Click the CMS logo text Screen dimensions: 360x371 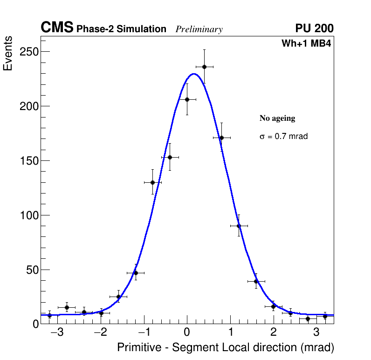[57, 28]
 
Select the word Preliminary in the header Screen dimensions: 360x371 [199, 29]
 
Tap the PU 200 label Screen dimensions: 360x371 [314, 28]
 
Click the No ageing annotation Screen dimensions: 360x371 [277, 118]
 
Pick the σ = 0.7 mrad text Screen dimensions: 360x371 [283, 137]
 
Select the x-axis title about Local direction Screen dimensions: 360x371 [226, 347]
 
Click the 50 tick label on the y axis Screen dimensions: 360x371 [30, 270]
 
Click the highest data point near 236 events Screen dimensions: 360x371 [204, 67]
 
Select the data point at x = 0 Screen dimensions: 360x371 [187, 99]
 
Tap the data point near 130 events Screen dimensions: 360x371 [152, 182]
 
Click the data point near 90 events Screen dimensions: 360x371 [239, 226]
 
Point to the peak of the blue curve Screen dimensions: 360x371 [194, 74]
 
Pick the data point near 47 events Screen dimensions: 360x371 [135, 273]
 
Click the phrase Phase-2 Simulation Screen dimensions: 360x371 [121, 29]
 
